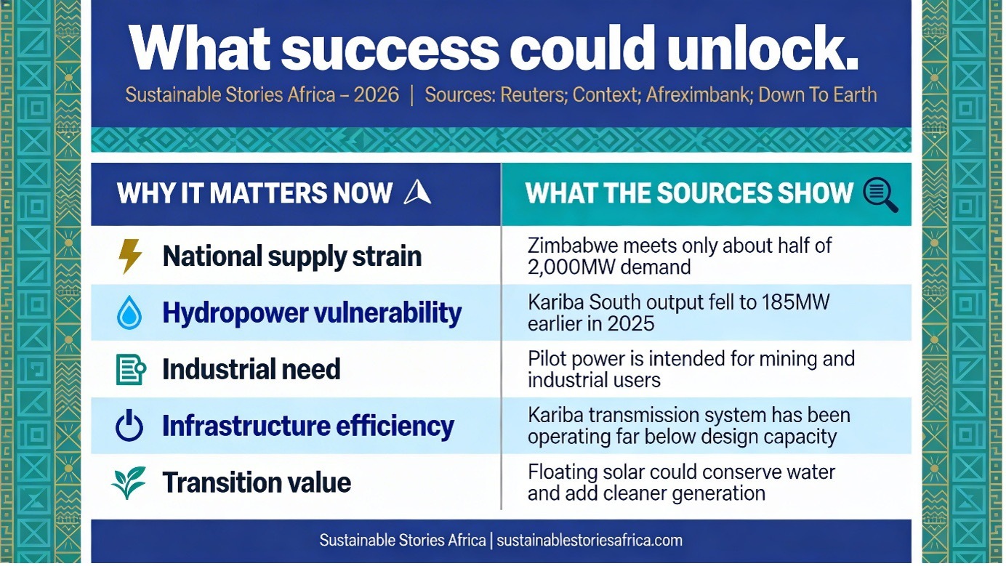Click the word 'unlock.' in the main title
[762, 48]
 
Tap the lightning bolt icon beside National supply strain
[130, 256]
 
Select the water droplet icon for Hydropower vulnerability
[129, 312]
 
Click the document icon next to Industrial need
[131, 369]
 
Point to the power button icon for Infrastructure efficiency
[129, 426]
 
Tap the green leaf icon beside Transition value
[129, 482]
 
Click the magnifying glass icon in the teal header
[880, 194]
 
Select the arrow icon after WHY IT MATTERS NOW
[417, 192]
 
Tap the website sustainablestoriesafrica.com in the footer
[589, 540]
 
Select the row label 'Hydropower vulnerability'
[312, 313]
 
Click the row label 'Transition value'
[257, 482]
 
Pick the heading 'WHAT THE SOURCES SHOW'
[689, 193]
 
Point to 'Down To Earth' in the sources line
[817, 94]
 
